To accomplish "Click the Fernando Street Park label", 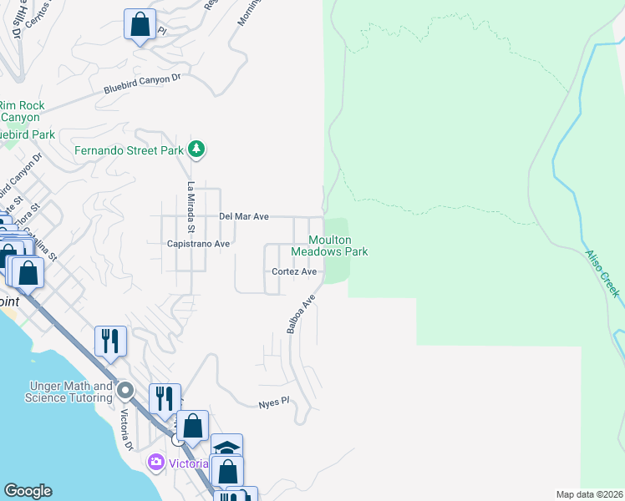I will point(129,150).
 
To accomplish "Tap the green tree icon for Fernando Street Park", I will point(196,149).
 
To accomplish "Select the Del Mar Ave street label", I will point(243,216).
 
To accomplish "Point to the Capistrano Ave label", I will point(198,244).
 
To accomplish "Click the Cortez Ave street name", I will point(294,271).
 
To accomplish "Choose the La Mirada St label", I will point(191,207).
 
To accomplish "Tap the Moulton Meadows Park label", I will point(329,245).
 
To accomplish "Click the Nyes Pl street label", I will point(272,402).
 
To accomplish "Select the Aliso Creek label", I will point(602,273).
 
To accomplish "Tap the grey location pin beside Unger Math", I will point(125,390).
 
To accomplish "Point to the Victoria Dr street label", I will point(127,428).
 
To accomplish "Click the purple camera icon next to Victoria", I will point(155,462).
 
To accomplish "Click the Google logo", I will point(28,491).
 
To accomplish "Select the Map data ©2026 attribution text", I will point(589,494).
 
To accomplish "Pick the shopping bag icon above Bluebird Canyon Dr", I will point(140,24).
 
